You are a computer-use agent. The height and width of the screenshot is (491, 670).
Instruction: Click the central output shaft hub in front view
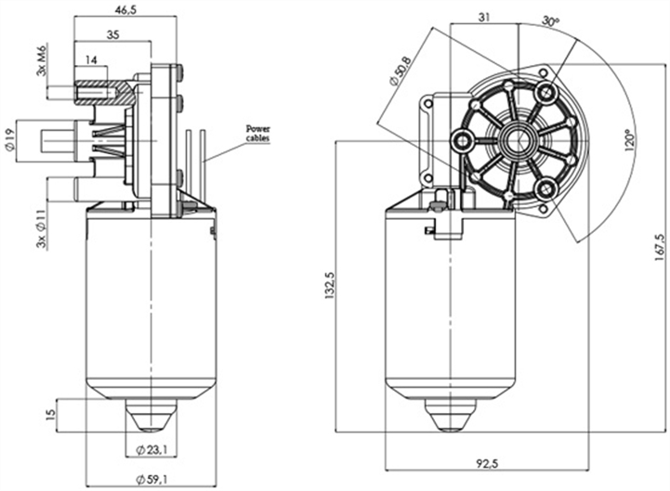click(x=514, y=140)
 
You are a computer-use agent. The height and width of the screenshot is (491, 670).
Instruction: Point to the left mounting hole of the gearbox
click(x=462, y=140)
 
